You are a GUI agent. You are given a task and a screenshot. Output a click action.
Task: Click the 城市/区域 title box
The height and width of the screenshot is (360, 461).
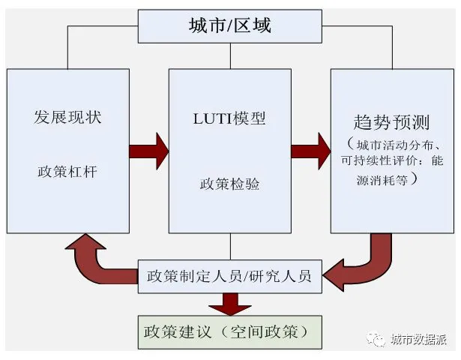pos(229,25)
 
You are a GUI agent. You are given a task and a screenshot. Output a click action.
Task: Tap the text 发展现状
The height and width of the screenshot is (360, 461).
pos(67,118)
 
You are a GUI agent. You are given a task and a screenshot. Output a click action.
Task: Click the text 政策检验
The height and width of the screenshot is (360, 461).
pos(229,184)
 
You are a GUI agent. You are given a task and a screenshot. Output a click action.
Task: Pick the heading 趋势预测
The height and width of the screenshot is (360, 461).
pos(391,122)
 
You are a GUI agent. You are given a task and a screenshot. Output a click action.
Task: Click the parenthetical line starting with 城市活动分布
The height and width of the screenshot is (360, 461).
pos(393,145)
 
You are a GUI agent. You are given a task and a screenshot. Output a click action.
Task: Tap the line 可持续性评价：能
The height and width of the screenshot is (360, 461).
pos(391,162)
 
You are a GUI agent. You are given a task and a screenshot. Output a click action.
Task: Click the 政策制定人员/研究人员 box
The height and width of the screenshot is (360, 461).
pos(229,275)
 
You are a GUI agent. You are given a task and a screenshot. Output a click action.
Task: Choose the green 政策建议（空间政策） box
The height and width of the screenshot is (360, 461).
pos(229,331)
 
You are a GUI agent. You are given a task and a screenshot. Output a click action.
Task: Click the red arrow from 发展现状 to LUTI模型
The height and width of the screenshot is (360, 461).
pos(148,151)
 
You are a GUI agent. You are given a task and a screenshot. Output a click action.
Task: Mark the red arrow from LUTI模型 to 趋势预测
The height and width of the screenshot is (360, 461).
pos(311,151)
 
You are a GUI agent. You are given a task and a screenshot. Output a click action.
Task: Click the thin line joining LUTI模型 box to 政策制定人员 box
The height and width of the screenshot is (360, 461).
pos(229,247)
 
